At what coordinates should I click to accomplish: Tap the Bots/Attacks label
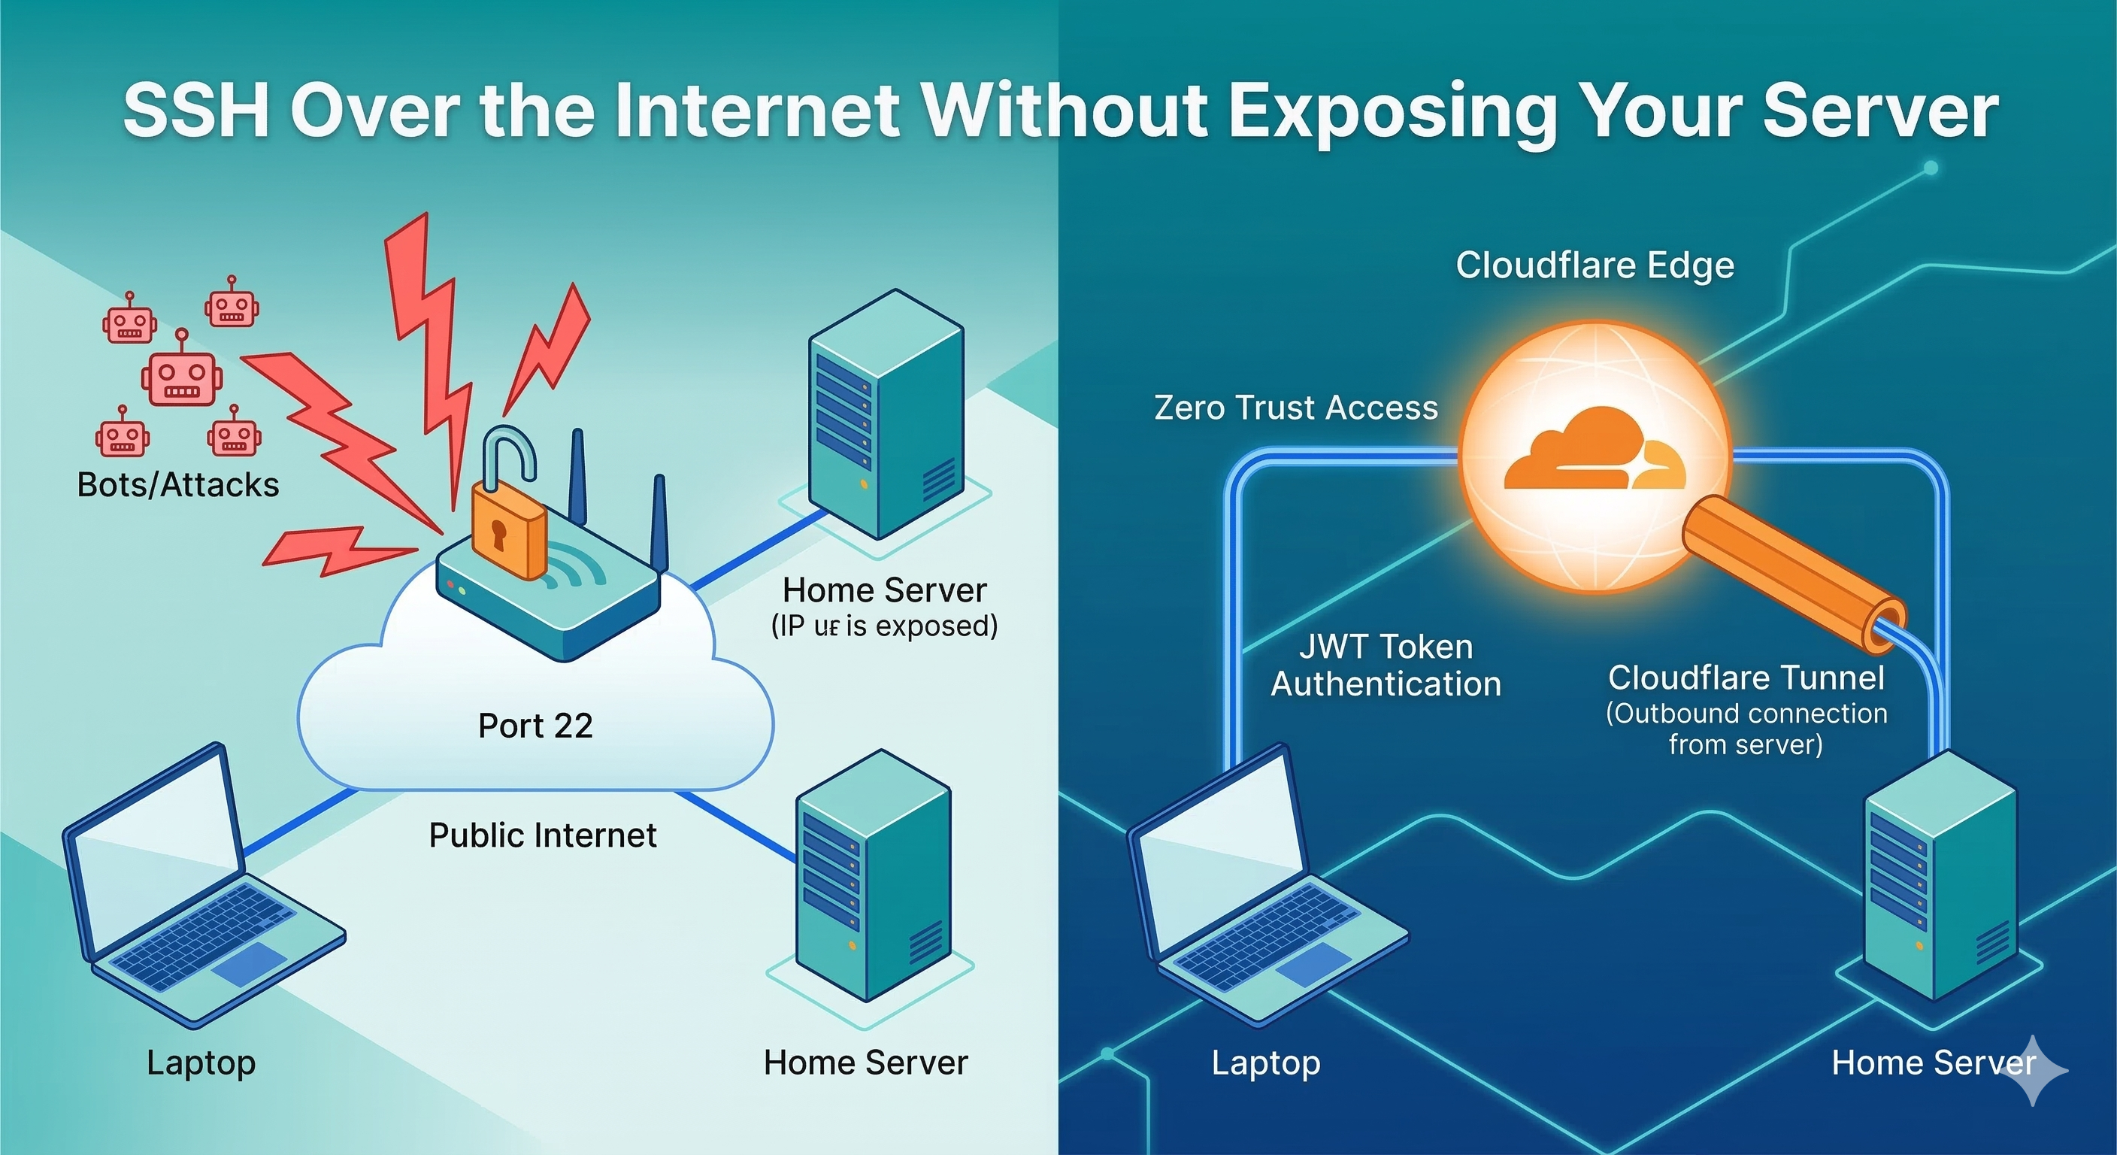[x=177, y=485]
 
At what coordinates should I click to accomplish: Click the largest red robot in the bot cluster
[x=182, y=378]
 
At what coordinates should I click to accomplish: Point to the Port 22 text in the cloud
[x=535, y=726]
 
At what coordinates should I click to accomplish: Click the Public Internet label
[x=542, y=835]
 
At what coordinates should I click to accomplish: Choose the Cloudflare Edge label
[x=1595, y=265]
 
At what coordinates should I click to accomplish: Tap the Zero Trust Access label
[x=1296, y=408]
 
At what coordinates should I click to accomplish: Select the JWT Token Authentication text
[x=1386, y=666]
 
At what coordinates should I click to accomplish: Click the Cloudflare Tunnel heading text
[x=1746, y=678]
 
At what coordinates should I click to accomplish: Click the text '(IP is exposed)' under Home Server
[x=884, y=626]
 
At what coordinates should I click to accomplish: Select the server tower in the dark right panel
[x=1940, y=880]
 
